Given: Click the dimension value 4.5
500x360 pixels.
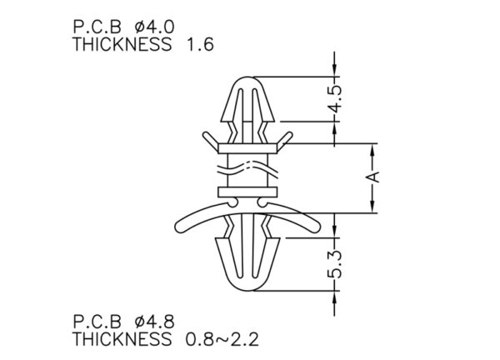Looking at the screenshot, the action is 336,99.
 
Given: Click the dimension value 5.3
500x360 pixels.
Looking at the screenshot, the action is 336,264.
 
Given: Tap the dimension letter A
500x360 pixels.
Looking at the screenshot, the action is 375,177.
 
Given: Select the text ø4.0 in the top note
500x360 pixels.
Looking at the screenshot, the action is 154,27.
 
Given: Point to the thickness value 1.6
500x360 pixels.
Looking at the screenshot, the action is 200,44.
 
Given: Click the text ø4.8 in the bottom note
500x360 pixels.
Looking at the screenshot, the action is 154,322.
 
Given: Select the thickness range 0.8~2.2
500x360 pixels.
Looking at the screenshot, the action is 222,339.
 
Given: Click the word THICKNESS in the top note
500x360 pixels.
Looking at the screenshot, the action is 122,44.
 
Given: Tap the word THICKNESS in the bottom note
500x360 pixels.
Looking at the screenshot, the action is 122,339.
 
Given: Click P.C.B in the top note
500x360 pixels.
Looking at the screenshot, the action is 97,27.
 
